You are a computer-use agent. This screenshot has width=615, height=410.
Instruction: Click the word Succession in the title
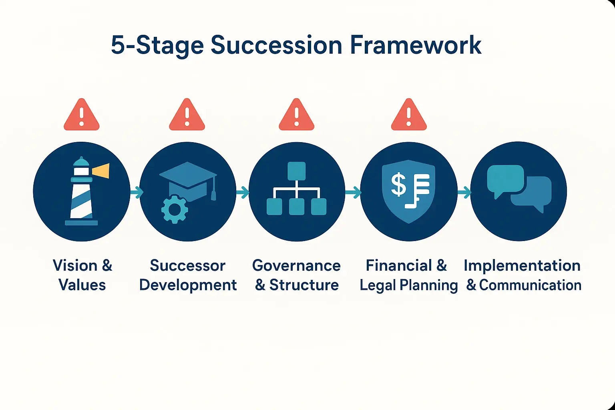(276, 45)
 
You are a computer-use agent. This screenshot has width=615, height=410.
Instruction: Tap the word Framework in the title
(415, 45)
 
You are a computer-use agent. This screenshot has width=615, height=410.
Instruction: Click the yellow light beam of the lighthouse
(101, 171)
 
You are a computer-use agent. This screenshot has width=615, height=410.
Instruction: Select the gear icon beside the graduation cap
(174, 209)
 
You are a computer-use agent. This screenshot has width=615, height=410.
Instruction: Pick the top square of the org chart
(296, 171)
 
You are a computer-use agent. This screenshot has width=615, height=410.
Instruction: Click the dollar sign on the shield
(398, 185)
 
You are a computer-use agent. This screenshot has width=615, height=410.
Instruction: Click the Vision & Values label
(82, 275)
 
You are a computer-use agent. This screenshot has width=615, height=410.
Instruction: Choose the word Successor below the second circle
(187, 265)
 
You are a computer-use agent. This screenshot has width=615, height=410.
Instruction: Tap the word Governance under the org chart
(296, 265)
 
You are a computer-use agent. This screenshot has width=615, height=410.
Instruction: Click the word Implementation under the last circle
(522, 265)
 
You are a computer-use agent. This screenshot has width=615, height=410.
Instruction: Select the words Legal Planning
(408, 285)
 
